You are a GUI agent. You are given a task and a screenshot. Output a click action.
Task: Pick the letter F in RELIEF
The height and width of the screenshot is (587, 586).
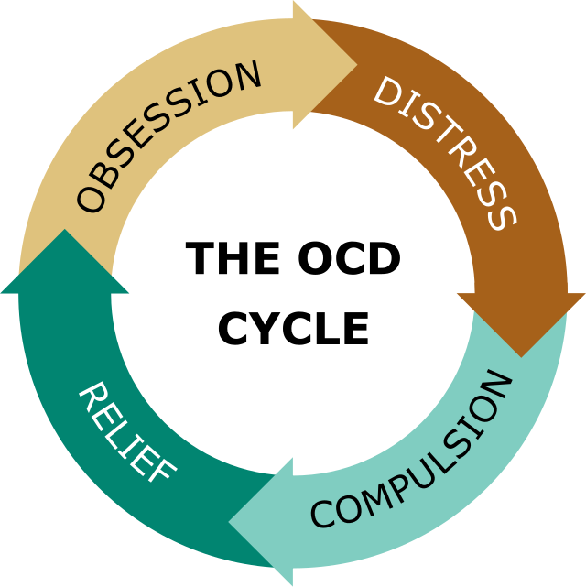click(162, 470)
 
